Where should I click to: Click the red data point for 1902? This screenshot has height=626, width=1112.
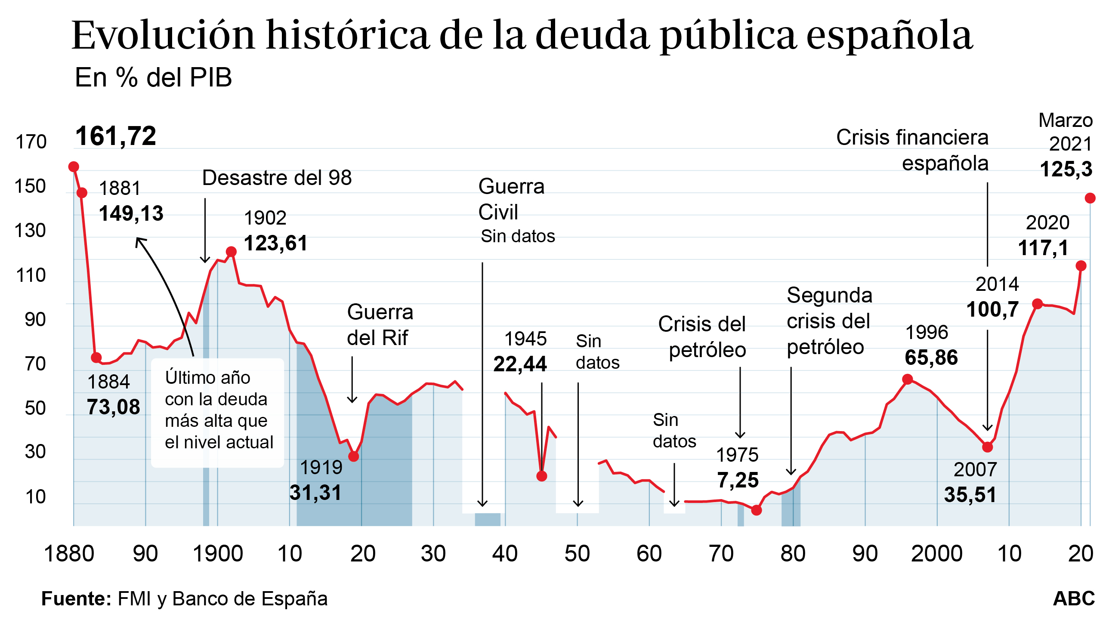[232, 252]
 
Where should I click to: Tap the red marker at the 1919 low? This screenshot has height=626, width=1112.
[354, 456]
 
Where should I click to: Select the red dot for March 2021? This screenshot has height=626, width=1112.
[1090, 198]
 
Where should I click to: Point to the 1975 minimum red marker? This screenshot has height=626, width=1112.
[756, 510]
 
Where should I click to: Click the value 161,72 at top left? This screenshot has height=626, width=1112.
[116, 136]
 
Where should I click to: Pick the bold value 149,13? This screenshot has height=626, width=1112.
[131, 213]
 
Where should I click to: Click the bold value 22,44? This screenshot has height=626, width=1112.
[520, 364]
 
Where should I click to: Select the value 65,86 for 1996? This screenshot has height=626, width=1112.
[931, 358]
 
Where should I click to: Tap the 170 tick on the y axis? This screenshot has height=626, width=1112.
[31, 142]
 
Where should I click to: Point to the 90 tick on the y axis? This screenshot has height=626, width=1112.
[35, 320]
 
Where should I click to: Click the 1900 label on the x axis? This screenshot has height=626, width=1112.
[218, 553]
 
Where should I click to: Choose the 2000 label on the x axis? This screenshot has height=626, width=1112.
[936, 553]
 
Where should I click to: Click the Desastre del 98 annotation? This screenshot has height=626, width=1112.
[277, 178]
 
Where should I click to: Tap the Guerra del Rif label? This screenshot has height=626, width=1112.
[380, 325]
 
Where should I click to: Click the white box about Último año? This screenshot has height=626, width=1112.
[218, 412]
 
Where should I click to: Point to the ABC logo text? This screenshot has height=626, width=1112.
[1074, 599]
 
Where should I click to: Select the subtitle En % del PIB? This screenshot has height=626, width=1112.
[153, 78]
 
